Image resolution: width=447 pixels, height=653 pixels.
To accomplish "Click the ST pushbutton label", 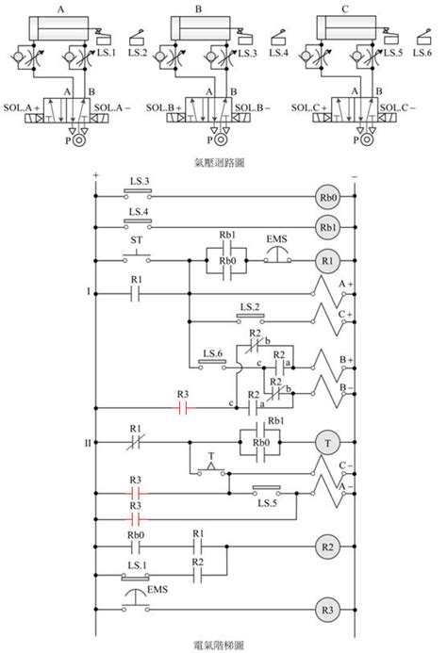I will (x=136, y=240).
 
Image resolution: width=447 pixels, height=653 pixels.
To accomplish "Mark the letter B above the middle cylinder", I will (x=199, y=8).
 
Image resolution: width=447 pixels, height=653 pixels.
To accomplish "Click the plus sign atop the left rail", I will (x=95, y=175).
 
